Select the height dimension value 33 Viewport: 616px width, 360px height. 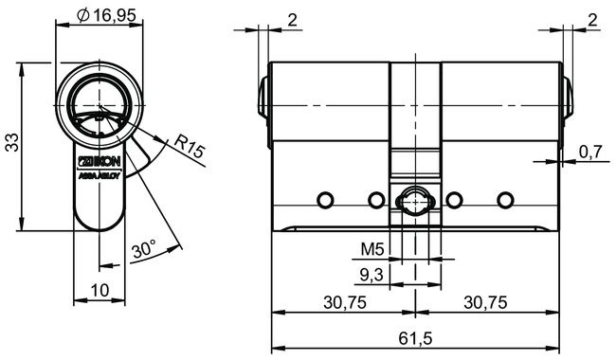coord(11,143)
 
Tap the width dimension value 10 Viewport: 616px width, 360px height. coord(100,289)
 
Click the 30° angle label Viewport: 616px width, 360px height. coord(144,251)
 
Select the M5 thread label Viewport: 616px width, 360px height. coord(373,251)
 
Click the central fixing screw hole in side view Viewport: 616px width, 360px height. coord(415,201)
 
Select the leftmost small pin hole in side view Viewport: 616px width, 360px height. coord(325,200)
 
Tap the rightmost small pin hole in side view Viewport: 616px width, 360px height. coord(504,200)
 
